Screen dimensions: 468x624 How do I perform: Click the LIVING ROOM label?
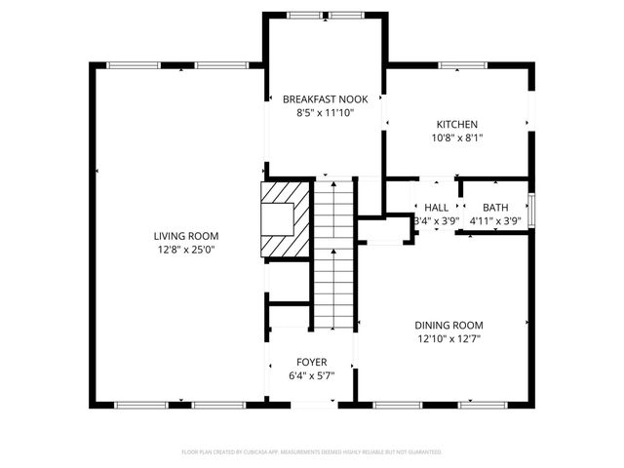(x=185, y=236)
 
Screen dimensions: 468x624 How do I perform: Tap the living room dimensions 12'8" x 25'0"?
(x=185, y=250)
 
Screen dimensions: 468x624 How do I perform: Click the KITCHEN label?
(x=456, y=125)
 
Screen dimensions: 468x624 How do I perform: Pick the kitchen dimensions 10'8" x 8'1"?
(x=456, y=138)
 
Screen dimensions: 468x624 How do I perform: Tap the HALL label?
(x=436, y=208)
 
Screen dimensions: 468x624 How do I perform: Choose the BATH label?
(x=495, y=208)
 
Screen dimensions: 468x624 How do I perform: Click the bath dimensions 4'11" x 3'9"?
(x=495, y=221)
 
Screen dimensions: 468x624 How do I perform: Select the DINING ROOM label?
(x=448, y=326)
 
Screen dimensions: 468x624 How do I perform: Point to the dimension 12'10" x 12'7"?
(x=448, y=339)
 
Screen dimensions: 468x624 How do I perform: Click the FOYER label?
(x=312, y=362)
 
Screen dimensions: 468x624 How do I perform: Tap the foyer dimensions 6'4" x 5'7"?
(x=312, y=375)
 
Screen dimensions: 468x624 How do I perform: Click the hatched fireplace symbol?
(x=285, y=219)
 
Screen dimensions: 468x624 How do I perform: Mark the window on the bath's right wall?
(x=531, y=208)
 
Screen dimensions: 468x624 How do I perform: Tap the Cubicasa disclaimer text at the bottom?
(x=312, y=452)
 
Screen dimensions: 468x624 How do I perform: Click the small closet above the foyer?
(x=289, y=316)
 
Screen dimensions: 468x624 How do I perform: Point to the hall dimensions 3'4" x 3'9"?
(x=436, y=221)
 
